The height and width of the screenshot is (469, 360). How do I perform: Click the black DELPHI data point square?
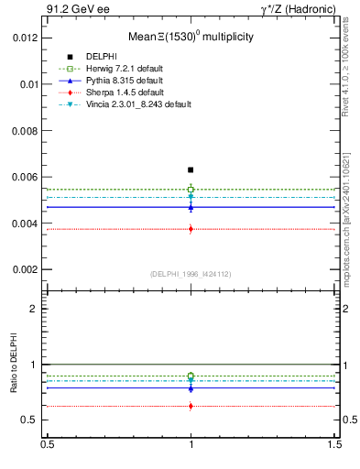[191, 169]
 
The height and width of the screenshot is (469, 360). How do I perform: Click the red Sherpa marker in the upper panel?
[191, 229]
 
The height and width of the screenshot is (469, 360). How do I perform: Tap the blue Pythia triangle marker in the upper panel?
[191, 207]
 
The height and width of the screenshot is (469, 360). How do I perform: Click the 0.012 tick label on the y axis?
[25, 38]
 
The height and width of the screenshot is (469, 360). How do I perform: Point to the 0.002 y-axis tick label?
[25, 270]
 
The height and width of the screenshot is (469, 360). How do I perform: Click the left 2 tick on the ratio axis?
[33, 309]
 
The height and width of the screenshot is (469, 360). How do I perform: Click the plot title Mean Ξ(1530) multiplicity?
[190, 37]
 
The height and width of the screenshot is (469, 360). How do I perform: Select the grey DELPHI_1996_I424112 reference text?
[191, 274]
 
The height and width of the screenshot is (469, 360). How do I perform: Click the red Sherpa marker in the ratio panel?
[191, 406]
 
